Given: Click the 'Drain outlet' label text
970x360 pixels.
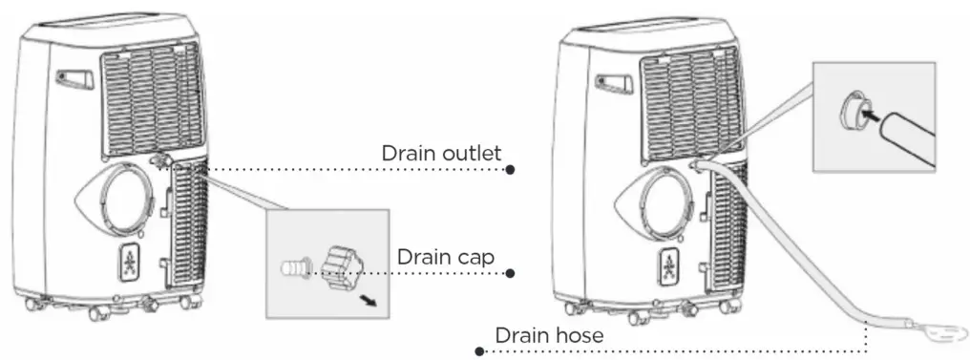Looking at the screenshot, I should (440, 155).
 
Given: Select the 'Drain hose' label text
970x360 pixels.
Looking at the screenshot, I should (548, 335).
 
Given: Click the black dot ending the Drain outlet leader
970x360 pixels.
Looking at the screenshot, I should (511, 170).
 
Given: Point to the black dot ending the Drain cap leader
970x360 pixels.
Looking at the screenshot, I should (511, 272).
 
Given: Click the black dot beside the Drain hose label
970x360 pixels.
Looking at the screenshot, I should (480, 350).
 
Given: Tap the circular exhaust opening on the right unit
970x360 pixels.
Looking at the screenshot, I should (664, 201).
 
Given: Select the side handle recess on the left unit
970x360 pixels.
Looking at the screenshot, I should (74, 78).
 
